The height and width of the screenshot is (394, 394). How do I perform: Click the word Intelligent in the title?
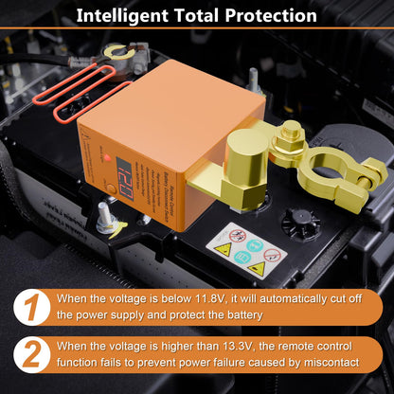121,16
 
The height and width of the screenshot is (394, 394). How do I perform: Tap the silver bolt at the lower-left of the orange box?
101,224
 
